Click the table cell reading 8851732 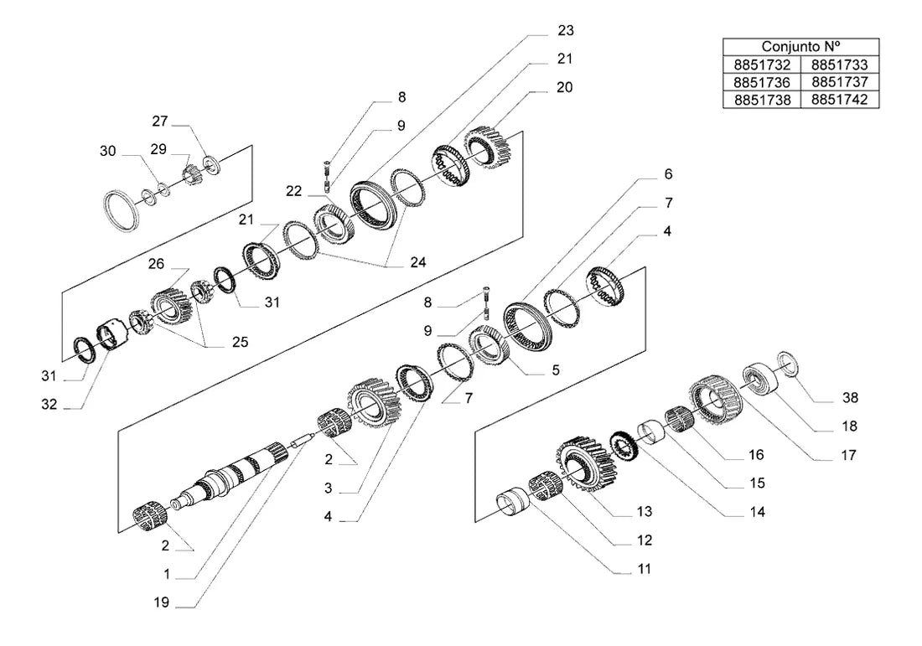pos(761,65)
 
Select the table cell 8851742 pos(840,100)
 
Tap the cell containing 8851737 pos(840,82)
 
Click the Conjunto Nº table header pos(800,46)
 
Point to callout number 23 pos(566,30)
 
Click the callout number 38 pos(850,398)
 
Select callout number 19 pos(161,602)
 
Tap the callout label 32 pos(49,405)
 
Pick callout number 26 pos(156,264)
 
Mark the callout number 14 pos(758,512)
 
